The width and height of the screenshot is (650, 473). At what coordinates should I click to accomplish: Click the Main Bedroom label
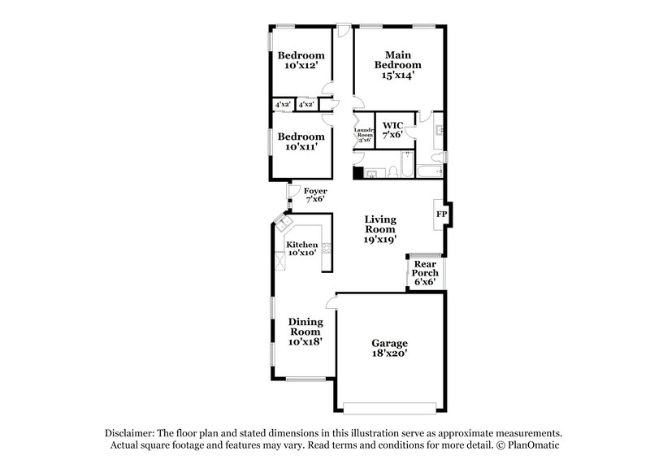(x=397, y=64)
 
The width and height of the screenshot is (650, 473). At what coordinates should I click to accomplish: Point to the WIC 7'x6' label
(x=392, y=130)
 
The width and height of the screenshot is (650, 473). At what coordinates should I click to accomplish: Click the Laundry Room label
(x=363, y=135)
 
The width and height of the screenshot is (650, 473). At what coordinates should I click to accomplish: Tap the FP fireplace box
(x=442, y=214)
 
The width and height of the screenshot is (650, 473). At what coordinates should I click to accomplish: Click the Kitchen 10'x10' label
(x=301, y=248)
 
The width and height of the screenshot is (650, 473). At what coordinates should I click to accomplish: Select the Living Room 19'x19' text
(x=379, y=229)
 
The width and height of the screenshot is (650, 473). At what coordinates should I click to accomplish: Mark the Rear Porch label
(x=426, y=273)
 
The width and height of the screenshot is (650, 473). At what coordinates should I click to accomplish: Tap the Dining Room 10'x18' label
(x=305, y=332)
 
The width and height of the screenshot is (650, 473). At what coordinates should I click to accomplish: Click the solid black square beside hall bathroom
(x=358, y=172)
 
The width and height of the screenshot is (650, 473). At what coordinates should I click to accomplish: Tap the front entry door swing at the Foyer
(x=293, y=192)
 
